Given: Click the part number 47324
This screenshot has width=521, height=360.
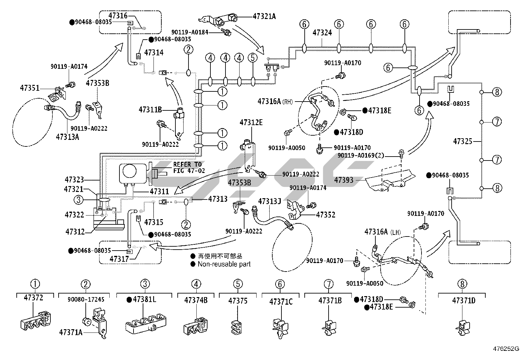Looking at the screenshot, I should tap(322, 33).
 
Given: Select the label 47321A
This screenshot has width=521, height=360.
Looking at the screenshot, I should tap(264, 16).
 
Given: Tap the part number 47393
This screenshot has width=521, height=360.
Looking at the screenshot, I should tap(344, 180).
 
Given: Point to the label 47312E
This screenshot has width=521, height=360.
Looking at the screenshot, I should tap(251, 123).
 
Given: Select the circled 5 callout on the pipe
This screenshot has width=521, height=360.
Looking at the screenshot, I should tap(253, 58).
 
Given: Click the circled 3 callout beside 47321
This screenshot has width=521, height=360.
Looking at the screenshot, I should tap(79, 199).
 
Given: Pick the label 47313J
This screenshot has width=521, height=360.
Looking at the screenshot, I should tap(270, 201).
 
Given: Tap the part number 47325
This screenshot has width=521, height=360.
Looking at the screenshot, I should tap(463, 142).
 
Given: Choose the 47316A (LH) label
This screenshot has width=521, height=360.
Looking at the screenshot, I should tap(382, 232).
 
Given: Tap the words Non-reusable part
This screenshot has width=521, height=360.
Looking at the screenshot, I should tap(224, 264).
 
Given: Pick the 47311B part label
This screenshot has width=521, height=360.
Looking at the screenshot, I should tap(150, 109).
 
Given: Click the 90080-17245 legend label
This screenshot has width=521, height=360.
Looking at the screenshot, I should tap(86, 299).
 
